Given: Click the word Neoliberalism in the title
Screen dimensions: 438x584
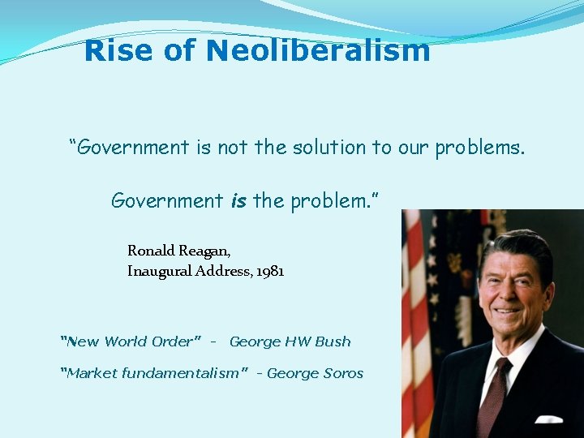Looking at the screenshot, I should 318,51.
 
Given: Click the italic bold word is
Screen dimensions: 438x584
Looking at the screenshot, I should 238,200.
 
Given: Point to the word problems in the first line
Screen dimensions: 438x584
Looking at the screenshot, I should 479,148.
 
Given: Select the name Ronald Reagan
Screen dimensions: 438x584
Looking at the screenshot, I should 178,251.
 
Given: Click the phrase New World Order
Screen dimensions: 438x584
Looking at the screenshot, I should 131,341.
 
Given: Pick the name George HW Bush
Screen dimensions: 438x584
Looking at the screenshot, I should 290,341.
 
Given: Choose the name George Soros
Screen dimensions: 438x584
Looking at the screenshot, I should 315,373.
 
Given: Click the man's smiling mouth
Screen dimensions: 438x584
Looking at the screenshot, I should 508,311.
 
